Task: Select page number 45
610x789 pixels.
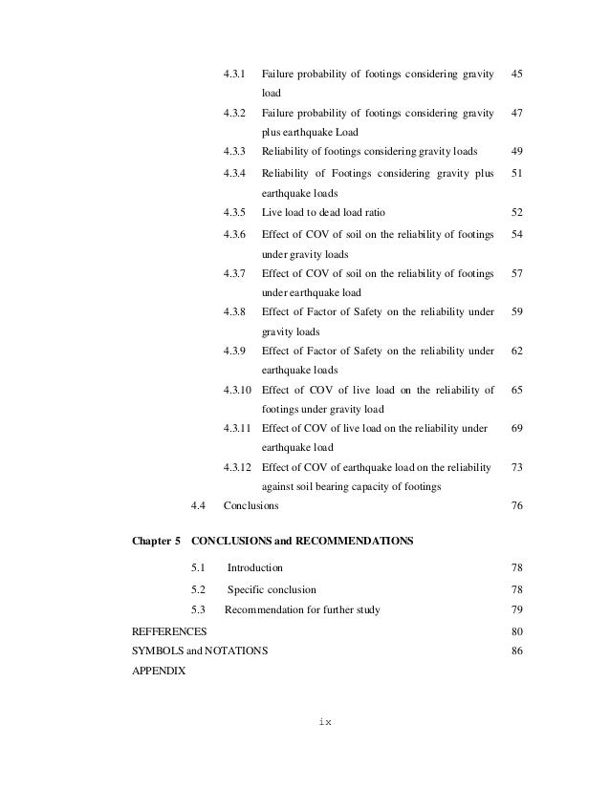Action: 517,74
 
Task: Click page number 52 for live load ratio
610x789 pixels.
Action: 517,212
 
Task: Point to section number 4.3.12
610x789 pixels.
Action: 238,467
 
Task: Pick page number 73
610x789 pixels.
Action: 517,467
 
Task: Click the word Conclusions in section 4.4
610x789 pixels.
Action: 251,505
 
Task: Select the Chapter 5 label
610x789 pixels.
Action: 155,541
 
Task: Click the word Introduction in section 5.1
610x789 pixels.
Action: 254,568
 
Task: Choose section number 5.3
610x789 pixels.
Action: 199,610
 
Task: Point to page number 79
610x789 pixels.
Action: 517,610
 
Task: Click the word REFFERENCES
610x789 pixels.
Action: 168,631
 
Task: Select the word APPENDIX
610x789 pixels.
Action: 159,670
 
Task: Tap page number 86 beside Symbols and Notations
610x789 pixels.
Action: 517,650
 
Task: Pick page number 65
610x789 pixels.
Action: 517,390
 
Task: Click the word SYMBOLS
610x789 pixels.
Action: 157,650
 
